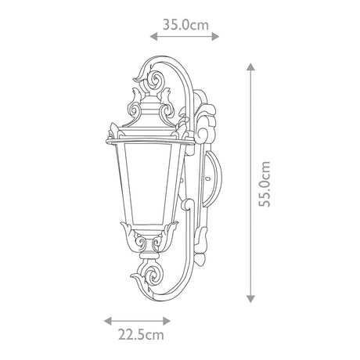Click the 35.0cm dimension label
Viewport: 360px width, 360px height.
click(185, 25)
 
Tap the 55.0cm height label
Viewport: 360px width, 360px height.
click(265, 184)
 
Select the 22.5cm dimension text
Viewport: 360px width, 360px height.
click(141, 335)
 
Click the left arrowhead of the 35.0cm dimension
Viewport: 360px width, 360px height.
click(153, 37)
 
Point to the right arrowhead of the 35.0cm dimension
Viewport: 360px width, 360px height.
click(215, 37)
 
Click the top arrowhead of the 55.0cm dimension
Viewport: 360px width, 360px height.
click(250, 67)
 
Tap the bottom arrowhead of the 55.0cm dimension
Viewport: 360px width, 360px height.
click(250, 299)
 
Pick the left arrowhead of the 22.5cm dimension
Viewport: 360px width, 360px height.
click(108, 321)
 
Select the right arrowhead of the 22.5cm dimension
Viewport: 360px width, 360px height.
click(167, 321)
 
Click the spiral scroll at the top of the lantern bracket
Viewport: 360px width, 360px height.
click(156, 79)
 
